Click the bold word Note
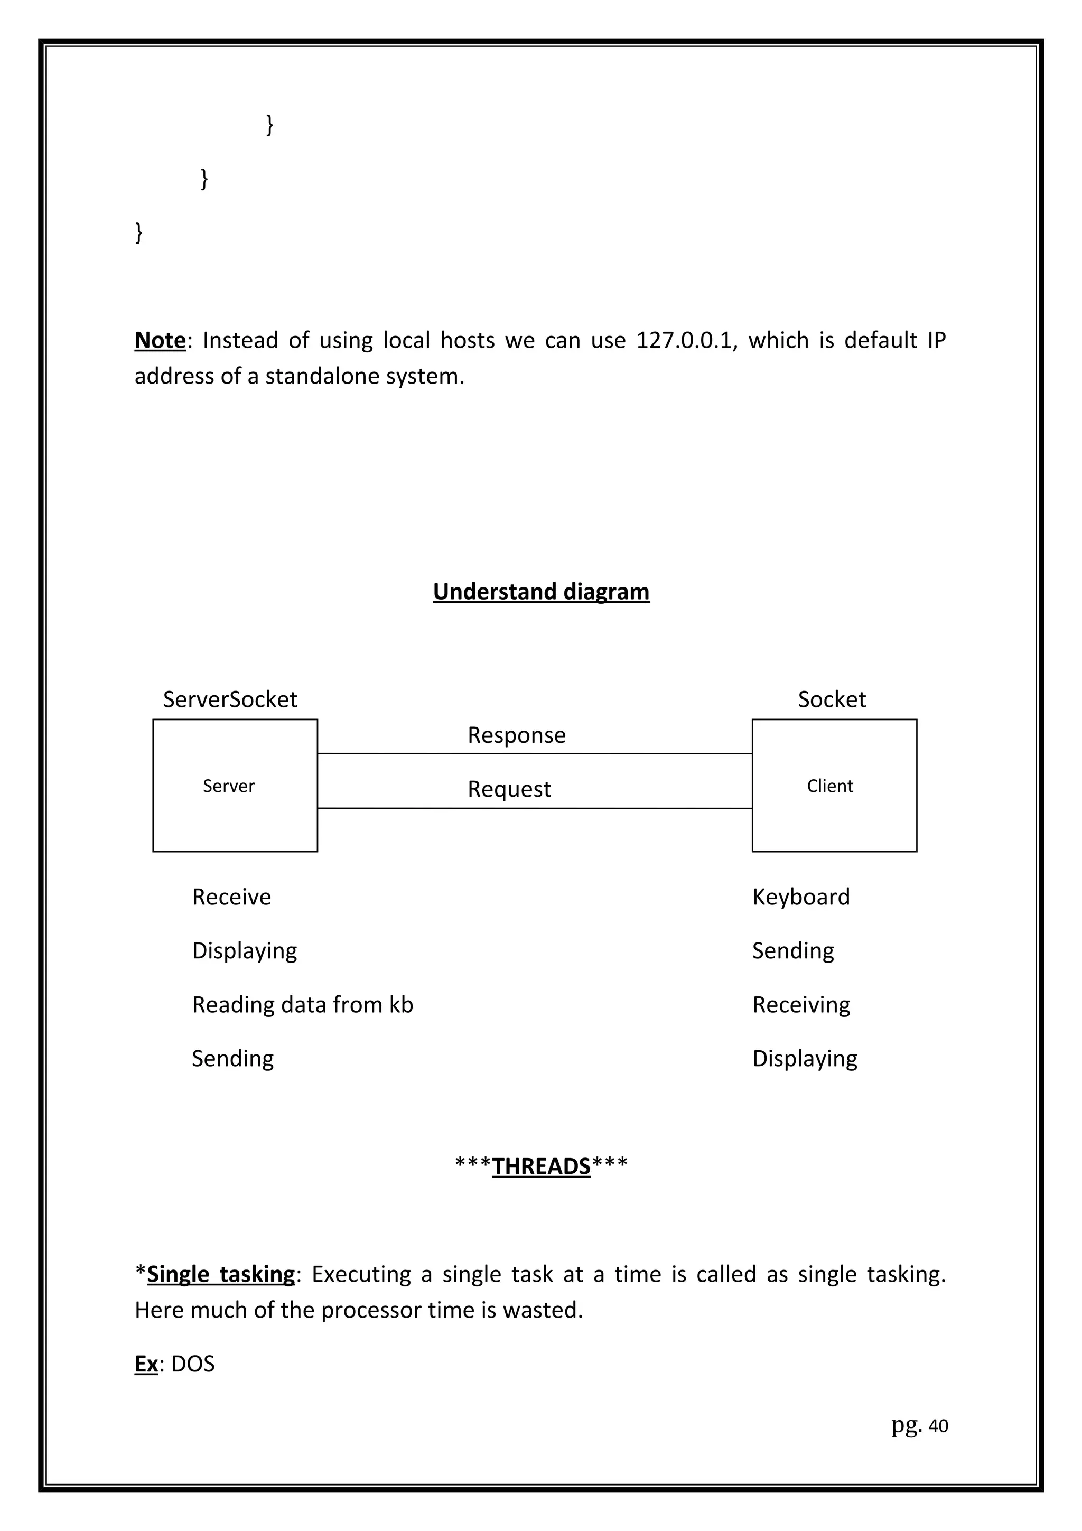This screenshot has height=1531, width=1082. coord(160,340)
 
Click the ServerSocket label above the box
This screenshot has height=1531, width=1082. coord(230,699)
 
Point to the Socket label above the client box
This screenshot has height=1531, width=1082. coord(832,699)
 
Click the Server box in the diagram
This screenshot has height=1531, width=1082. coord(235,786)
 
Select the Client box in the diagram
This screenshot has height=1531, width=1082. coord(834,786)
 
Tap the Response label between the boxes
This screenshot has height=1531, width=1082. coord(517,735)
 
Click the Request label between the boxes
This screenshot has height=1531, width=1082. coord(509,789)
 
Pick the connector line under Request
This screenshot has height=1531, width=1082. coord(535,808)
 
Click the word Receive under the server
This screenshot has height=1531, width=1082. coord(231,897)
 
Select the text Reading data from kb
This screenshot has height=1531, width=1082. coord(303,1005)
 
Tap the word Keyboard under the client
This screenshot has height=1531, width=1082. coord(800,897)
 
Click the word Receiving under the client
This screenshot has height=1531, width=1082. coord(800,1005)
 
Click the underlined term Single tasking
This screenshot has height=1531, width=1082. coord(221,1274)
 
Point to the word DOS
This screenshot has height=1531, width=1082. coord(193,1364)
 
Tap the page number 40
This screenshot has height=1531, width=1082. coord(938,1426)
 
